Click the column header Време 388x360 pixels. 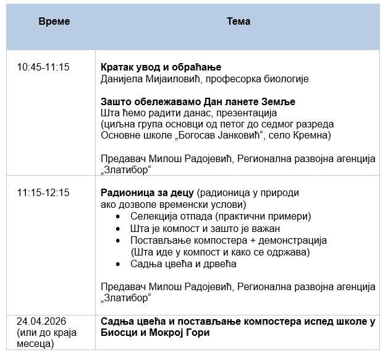(54, 21)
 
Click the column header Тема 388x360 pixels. (238, 21)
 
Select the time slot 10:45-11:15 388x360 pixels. (43, 67)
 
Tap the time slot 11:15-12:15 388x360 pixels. (43, 192)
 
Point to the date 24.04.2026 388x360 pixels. (41, 320)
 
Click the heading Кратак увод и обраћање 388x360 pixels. (161, 67)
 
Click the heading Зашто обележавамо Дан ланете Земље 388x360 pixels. (198, 101)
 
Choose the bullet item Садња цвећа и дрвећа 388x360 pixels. (183, 264)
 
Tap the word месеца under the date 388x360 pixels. (37, 344)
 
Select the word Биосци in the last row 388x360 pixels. (118, 333)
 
